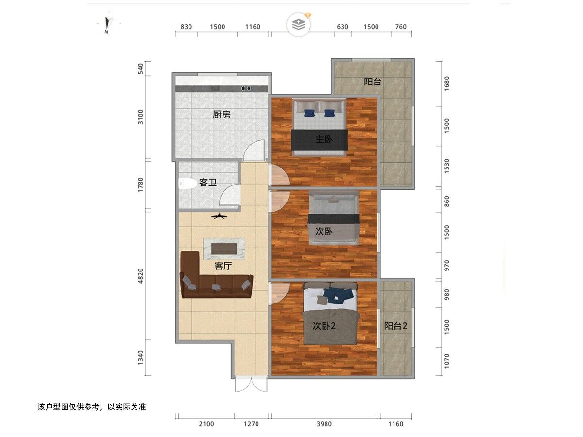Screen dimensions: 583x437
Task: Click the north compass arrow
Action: tap(107, 23)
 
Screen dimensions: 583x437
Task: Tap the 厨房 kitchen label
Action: tap(222, 115)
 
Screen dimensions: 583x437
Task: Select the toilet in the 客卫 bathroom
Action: tap(186, 184)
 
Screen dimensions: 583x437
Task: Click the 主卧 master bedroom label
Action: tap(324, 139)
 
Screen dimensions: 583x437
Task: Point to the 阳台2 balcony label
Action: tap(395, 326)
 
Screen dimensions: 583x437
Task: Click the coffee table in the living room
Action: tap(224, 249)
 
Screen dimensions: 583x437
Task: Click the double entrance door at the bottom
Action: tap(251, 385)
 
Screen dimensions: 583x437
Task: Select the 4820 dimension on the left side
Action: tap(140, 276)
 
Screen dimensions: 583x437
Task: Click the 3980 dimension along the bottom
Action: tap(324, 424)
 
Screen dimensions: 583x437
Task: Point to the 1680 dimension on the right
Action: tap(446, 84)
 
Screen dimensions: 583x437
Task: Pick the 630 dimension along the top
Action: tap(343, 27)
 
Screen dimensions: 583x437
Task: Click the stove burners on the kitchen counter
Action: tap(246, 89)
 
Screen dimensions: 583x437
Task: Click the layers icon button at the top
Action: tap(299, 25)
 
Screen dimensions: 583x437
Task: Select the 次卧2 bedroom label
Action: tap(324, 326)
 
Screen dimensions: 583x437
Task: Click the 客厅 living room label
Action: tap(223, 266)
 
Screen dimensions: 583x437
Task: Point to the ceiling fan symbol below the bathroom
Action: tap(220, 217)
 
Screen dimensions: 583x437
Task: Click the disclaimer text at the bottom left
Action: tap(92, 407)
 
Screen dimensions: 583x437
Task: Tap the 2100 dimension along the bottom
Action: tap(206, 424)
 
